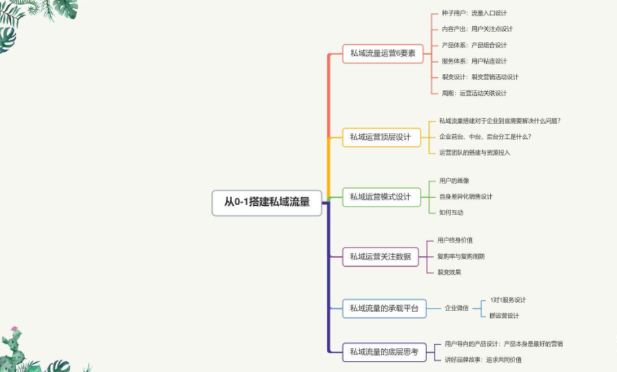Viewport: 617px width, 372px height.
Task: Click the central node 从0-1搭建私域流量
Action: (267, 203)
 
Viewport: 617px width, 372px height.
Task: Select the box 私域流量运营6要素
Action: (382, 53)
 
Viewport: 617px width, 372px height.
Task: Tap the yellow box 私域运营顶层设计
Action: (380, 137)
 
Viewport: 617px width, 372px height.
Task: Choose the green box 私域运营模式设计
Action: (380, 197)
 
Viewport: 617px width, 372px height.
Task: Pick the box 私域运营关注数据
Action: (380, 256)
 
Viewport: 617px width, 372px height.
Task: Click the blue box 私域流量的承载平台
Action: (384, 309)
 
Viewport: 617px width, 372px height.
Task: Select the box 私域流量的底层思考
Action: (384, 352)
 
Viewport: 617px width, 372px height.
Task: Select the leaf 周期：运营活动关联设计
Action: (474, 93)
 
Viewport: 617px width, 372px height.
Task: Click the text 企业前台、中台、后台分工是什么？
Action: (485, 137)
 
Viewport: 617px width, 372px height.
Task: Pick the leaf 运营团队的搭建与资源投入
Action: (475, 152)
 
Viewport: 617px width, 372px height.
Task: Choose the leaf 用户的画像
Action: (454, 181)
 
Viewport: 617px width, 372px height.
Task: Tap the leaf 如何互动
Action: (451, 212)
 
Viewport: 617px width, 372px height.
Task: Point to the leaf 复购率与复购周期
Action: (461, 256)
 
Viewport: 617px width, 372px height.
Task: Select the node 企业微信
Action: (456, 308)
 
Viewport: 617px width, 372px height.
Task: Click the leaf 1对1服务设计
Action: (508, 300)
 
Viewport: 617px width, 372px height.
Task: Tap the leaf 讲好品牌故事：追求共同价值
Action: (483, 360)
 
